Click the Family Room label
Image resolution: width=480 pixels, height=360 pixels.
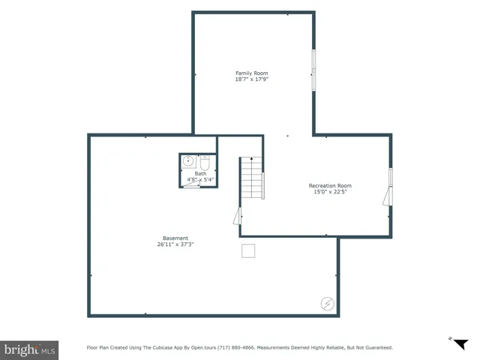pyautogui.click(x=251, y=73)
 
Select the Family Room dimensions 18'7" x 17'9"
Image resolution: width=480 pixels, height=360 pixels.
pyautogui.click(x=251, y=79)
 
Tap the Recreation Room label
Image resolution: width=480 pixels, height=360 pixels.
pyautogui.click(x=330, y=185)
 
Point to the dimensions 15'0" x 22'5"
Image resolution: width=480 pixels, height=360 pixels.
pyautogui.click(x=330, y=191)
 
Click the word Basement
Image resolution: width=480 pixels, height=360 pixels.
pyautogui.click(x=175, y=238)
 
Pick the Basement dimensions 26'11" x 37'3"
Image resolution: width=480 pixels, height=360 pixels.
pyautogui.click(x=175, y=244)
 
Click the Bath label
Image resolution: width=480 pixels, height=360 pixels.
pyautogui.click(x=200, y=174)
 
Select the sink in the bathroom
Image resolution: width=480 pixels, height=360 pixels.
pyautogui.click(x=188, y=160)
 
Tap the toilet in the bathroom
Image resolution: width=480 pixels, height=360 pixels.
pyautogui.click(x=204, y=161)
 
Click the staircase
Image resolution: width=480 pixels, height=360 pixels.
pyautogui.click(x=252, y=180)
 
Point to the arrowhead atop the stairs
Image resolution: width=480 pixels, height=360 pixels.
pyautogui.click(x=252, y=159)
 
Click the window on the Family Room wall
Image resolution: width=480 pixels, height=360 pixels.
pyautogui.click(x=314, y=71)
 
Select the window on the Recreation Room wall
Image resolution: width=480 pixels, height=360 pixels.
pyautogui.click(x=390, y=177)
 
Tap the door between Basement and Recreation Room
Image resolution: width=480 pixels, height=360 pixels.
pyautogui.click(x=238, y=217)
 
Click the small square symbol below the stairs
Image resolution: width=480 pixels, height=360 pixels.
pyautogui.click(x=248, y=250)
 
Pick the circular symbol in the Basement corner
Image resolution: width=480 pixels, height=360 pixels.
pyautogui.click(x=328, y=303)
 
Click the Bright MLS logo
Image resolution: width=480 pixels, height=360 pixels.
pyautogui.click(x=29, y=349)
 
